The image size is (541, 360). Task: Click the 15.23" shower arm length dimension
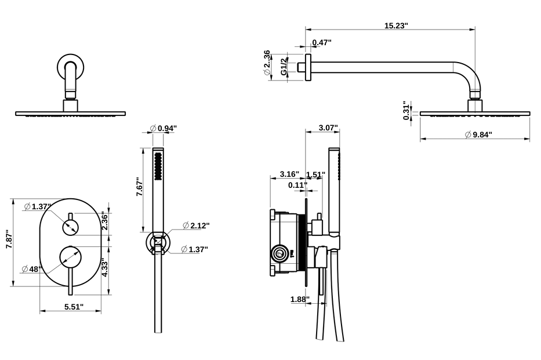point(396,26)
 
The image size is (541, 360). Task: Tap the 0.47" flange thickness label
point(321,42)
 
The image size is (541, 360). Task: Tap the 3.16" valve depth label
point(289,174)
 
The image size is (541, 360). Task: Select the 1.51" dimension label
point(315,174)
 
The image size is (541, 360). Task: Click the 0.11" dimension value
point(297,185)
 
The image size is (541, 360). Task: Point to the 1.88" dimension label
point(299,299)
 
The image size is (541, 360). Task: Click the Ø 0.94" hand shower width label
point(163,128)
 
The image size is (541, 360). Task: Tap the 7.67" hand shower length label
point(139,187)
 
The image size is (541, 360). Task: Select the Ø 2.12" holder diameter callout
point(195,225)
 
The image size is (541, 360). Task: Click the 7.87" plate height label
point(8,239)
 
